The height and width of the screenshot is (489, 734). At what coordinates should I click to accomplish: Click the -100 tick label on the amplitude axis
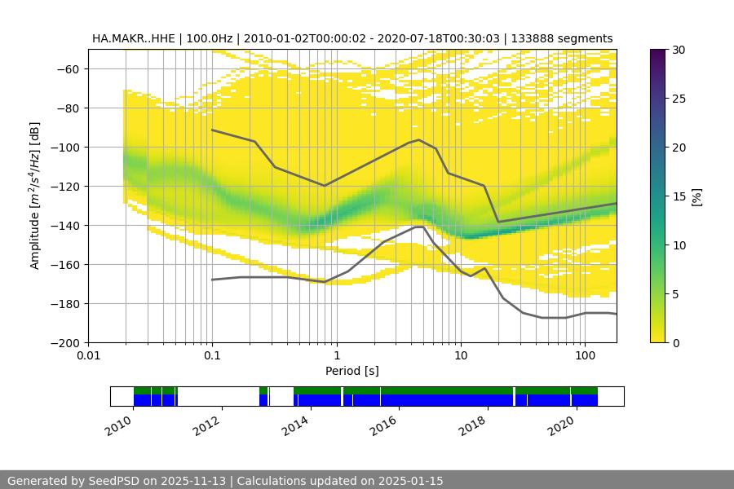[x=69, y=148]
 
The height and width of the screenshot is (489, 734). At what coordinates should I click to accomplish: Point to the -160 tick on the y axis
[x=69, y=265]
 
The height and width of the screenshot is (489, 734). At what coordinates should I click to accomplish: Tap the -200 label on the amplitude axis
[x=69, y=343]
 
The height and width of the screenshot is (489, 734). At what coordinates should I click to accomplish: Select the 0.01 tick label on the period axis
[x=88, y=356]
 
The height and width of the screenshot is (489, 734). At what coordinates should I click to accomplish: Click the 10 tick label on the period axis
[x=460, y=356]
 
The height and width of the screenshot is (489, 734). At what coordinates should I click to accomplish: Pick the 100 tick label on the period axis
[x=584, y=356]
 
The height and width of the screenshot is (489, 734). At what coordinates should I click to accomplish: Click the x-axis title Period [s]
[x=352, y=371]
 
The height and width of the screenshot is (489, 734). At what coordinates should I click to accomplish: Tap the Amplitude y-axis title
[x=34, y=196]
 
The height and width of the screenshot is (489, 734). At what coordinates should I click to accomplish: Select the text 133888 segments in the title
[x=562, y=38]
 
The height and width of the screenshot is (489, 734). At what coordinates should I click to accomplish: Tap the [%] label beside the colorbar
[x=697, y=196]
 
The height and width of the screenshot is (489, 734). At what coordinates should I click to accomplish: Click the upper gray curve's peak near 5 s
[x=419, y=139]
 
